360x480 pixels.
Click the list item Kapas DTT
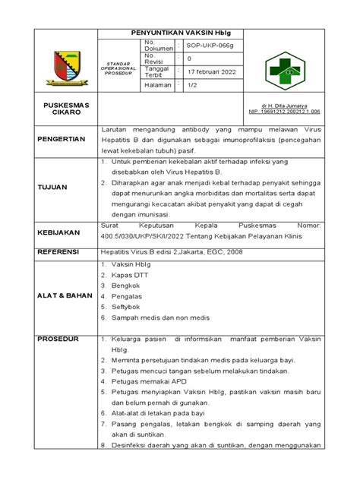(130, 274)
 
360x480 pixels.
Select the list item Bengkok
(128, 286)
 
